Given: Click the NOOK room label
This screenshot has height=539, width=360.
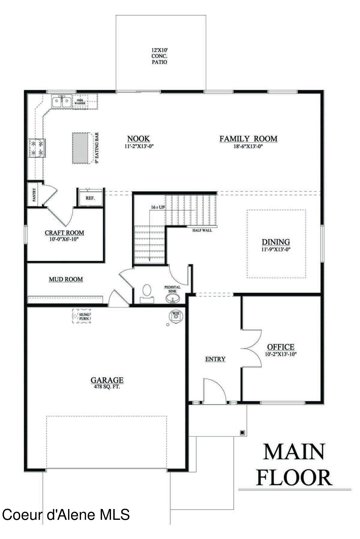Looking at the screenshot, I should (x=138, y=139).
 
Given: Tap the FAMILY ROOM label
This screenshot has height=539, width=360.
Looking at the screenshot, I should (x=248, y=139).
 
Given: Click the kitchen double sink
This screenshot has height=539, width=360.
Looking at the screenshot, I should (x=61, y=102).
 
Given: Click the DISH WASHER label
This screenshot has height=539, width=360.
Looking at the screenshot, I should (x=80, y=102).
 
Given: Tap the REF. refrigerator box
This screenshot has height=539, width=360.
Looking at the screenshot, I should (x=90, y=198).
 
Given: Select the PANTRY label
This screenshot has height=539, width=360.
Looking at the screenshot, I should (x=34, y=195).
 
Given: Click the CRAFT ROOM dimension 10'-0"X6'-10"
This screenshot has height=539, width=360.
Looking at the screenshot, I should (x=64, y=239).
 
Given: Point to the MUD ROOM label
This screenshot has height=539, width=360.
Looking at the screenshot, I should (x=66, y=279).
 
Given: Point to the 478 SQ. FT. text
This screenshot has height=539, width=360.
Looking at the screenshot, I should (x=107, y=387).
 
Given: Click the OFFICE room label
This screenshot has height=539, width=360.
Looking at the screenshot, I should (x=280, y=347).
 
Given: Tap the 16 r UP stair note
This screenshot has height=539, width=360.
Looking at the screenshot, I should (x=158, y=207).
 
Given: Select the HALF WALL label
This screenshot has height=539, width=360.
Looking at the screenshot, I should (x=202, y=230).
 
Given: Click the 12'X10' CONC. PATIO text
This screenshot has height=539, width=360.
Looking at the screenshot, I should (x=159, y=56).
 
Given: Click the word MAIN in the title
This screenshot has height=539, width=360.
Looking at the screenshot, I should (x=294, y=452).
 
